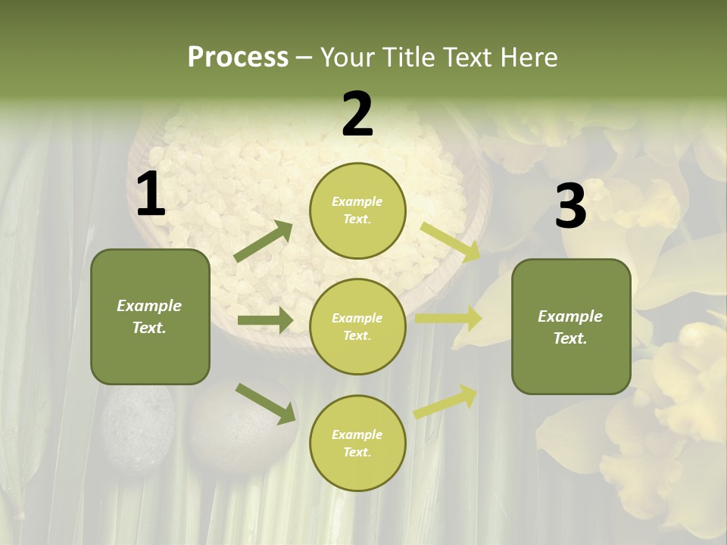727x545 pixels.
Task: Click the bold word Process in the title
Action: [x=238, y=58]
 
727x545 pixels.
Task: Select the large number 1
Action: [x=150, y=195]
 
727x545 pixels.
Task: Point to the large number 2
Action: [x=357, y=114]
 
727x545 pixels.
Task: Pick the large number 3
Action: [x=570, y=206]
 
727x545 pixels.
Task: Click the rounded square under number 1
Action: [x=150, y=316]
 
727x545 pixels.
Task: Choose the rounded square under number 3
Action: [x=571, y=327]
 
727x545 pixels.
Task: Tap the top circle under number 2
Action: [x=357, y=210]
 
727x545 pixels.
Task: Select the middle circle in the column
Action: [x=357, y=327]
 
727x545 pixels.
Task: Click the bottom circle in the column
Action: [x=357, y=444]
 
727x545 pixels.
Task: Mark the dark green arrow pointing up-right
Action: [x=264, y=241]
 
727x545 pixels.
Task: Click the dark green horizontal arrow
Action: [x=265, y=320]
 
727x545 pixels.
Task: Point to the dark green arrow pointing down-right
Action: [x=265, y=403]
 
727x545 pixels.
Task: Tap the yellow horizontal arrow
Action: [x=448, y=319]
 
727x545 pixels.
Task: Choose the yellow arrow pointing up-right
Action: [x=446, y=401]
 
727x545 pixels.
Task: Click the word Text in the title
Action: [x=465, y=58]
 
